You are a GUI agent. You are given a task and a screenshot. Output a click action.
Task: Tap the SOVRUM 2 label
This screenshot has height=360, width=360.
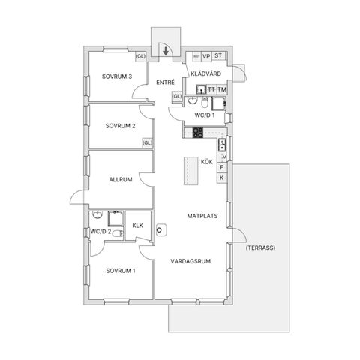(120, 125)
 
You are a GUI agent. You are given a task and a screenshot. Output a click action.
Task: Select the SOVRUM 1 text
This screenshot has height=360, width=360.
(120, 270)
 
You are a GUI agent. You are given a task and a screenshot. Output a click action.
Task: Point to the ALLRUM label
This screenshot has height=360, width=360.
(120, 180)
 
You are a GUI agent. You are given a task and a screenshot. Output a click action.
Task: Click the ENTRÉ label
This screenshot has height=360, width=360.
(165, 82)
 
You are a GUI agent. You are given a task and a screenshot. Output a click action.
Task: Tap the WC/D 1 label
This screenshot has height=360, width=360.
(205, 115)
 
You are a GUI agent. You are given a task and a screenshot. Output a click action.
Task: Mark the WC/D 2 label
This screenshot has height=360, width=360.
(100, 231)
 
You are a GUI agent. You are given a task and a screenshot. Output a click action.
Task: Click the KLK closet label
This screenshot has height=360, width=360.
(137, 225)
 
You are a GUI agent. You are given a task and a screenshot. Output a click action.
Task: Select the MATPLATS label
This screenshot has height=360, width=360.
(202, 216)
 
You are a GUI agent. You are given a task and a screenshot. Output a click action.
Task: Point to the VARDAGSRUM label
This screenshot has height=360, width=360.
(190, 261)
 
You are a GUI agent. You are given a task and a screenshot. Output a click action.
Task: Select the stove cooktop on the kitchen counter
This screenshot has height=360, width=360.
(198, 133)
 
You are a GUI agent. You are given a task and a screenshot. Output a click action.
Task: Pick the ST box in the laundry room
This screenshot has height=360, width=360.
(218, 56)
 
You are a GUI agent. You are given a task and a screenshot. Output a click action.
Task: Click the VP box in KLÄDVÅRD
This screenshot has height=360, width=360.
(206, 56)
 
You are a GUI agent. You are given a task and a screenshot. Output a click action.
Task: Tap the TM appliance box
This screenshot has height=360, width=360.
(222, 90)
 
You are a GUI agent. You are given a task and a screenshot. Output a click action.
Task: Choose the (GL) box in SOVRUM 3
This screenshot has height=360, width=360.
(140, 56)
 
